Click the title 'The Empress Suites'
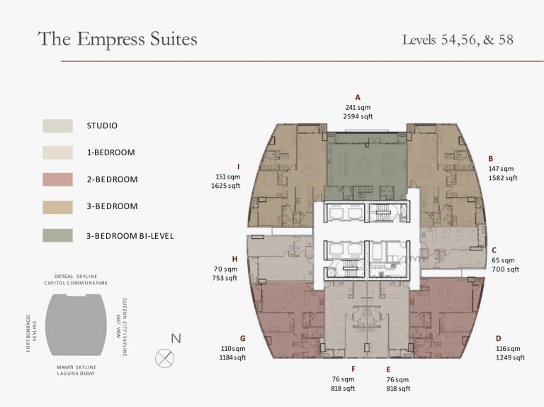[x=118, y=38]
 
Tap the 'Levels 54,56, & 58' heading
[x=458, y=40]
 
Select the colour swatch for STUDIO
[x=57, y=126]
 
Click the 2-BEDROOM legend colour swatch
[x=57, y=179]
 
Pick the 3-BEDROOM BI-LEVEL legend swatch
[x=57, y=235]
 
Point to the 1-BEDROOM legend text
[x=110, y=152]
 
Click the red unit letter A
[x=358, y=98]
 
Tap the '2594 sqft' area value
[x=358, y=117]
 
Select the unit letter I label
[x=238, y=167]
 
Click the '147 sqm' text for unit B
[x=501, y=169]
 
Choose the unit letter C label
[x=494, y=250]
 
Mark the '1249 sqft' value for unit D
[x=510, y=357]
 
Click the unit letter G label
[x=242, y=339]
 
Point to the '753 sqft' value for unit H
[x=225, y=278]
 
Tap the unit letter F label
[x=353, y=369]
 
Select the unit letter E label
[x=388, y=369]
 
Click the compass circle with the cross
[x=165, y=358]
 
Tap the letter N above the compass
[x=176, y=338]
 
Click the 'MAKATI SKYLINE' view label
[x=76, y=367]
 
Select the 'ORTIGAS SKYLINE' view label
[x=76, y=277]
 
